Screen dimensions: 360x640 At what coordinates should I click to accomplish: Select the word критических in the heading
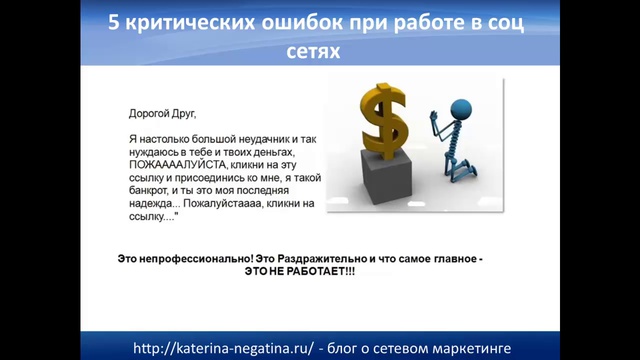[x=187, y=22]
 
